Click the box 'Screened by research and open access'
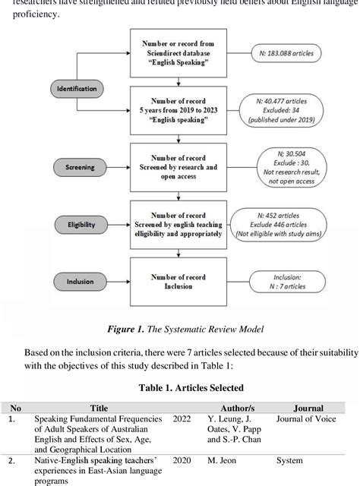pyautogui.click(x=180, y=166)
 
